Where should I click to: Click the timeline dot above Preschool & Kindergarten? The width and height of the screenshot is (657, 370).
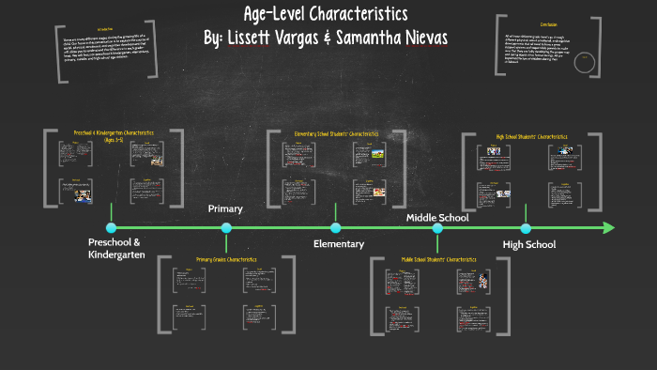pos(111,227)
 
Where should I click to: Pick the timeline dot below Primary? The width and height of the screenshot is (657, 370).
pos(226,227)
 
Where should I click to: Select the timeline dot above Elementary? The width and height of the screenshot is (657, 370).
pos(335,227)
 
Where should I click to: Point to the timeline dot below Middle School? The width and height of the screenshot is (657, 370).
pos(436,227)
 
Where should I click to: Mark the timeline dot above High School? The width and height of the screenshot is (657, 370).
pos(526,227)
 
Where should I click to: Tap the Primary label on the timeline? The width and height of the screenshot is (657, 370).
pos(225,208)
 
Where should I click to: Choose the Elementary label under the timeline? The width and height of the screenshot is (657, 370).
pos(338,244)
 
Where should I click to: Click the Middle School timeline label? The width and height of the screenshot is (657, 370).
pos(437,218)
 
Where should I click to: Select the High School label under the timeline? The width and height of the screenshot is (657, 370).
pos(529,244)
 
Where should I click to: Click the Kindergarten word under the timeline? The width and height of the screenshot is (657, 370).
pos(116,254)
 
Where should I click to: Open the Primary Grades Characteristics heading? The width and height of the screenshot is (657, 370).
pos(226,259)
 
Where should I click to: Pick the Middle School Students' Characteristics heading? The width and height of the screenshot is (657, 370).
pos(439,258)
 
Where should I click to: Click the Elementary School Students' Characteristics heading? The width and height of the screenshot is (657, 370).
pos(334,134)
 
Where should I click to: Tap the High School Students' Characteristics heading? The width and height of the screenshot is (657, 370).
pos(532,136)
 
